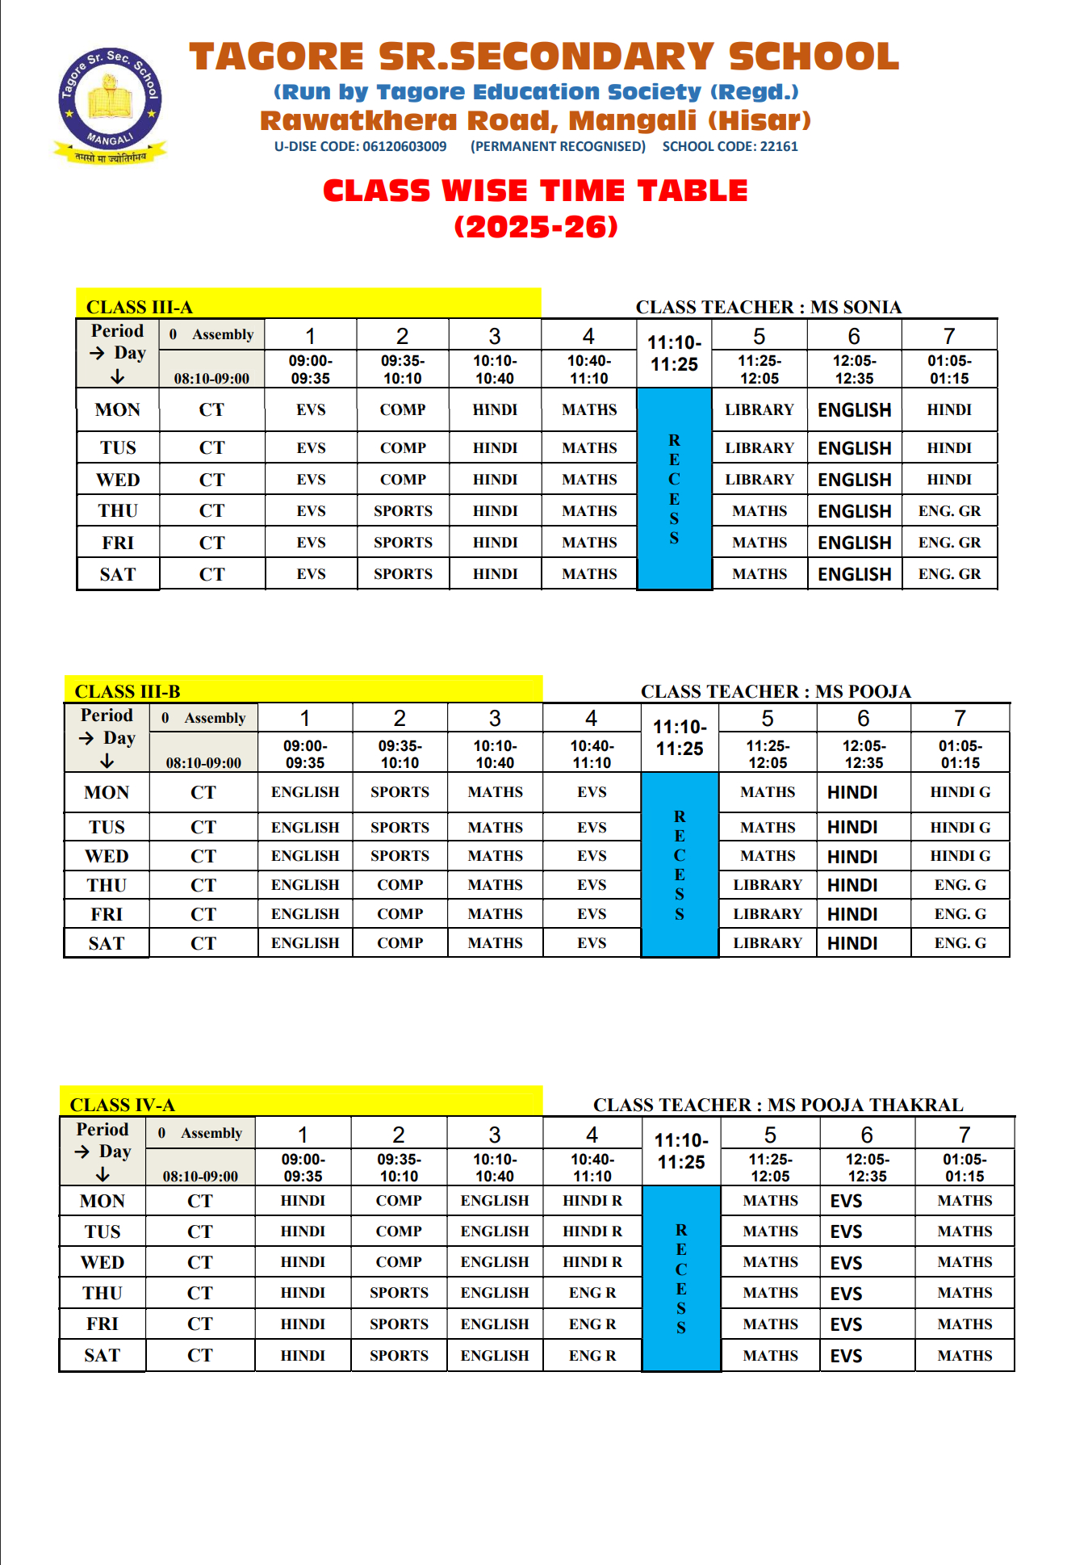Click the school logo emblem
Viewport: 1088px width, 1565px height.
[111, 100]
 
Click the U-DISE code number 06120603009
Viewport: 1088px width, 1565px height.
[404, 146]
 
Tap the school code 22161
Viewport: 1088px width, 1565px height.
[779, 146]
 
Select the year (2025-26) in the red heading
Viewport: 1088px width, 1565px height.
[536, 227]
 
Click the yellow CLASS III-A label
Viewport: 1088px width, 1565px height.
[140, 307]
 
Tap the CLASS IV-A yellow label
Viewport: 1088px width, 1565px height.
[122, 1105]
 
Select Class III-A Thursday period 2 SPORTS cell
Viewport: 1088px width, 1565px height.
[403, 511]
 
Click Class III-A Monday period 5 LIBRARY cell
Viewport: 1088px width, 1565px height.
[760, 410]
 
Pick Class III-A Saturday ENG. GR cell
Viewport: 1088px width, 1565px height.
[949, 574]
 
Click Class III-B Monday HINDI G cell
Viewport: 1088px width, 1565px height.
[960, 792]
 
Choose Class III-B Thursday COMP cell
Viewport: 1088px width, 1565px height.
[400, 885]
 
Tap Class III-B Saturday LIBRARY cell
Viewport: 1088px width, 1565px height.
[768, 943]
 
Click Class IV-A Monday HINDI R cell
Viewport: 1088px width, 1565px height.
[592, 1201]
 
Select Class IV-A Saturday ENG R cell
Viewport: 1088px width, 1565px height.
[592, 1356]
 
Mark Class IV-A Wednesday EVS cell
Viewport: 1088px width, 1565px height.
[846, 1263]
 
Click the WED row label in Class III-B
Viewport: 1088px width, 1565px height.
[107, 856]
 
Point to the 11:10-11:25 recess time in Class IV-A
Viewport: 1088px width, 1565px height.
[681, 1152]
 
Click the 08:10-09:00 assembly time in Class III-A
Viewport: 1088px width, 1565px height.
[211, 378]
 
